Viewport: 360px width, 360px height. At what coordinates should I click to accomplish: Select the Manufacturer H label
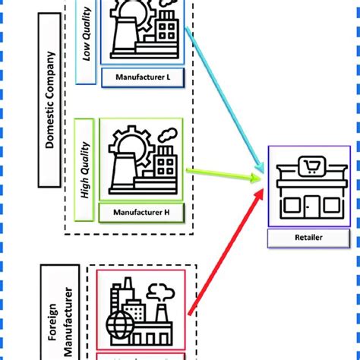pos(141,212)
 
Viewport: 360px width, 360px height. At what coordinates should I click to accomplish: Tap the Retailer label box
pos(304,238)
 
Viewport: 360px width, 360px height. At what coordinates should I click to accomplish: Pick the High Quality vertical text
pos(86,171)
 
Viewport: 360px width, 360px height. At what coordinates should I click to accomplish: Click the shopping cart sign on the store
pos(310,165)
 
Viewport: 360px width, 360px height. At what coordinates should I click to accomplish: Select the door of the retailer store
pos(312,206)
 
